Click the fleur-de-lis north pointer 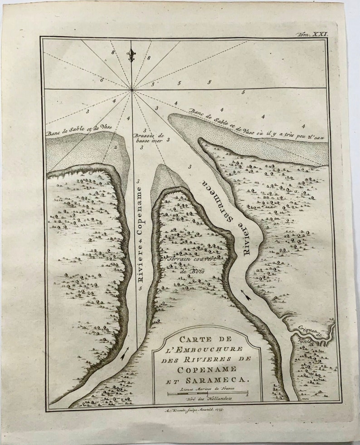131,55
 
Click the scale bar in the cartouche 208,393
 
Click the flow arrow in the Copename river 125,352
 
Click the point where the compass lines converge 132,89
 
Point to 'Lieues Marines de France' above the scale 207,388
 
